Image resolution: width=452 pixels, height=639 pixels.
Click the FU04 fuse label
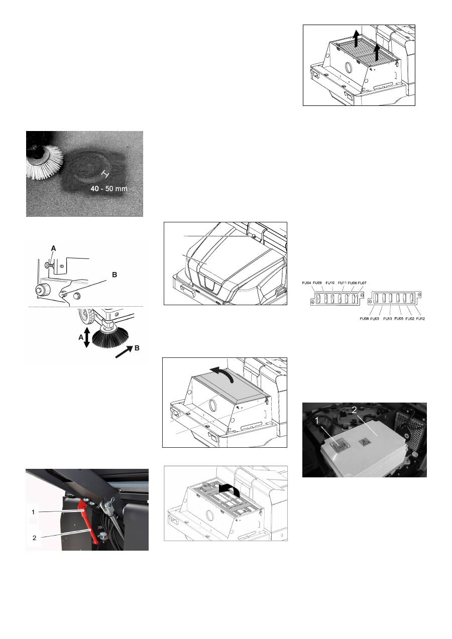306,283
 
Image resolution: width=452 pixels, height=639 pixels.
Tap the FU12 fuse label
421,319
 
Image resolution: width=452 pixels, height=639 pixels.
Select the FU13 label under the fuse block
388,319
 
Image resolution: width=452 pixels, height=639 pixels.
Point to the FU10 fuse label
330,283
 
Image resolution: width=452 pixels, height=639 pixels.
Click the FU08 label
365,319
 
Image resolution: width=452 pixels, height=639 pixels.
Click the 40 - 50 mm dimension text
109,189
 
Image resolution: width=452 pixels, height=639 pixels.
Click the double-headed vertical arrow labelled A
87,337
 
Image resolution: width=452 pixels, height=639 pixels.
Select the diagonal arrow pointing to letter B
124,352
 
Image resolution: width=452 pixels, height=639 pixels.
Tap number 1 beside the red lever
33,512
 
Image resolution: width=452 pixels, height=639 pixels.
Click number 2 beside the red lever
34,538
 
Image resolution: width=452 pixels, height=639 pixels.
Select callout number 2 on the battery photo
354,410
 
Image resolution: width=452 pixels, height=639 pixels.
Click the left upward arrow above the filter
356,39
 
